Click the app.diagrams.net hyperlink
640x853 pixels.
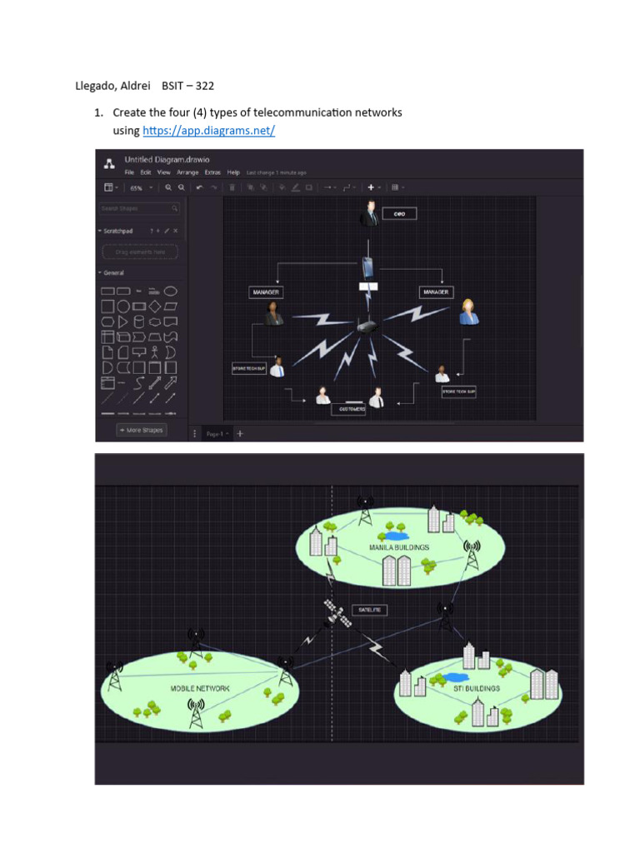click(x=209, y=131)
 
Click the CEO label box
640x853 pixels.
click(x=398, y=214)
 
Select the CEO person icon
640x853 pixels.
click(x=370, y=214)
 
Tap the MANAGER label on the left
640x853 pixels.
click(x=265, y=292)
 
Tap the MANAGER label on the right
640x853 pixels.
click(x=436, y=292)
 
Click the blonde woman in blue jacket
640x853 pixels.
click(x=468, y=312)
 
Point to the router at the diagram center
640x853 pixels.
click(x=367, y=327)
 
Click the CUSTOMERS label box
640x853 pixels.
click(x=348, y=409)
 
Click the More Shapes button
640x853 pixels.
click(x=141, y=430)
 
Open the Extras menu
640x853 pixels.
click(x=213, y=172)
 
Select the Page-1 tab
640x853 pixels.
click(x=217, y=434)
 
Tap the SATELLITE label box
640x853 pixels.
click(x=369, y=610)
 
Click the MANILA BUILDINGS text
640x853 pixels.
click(x=398, y=547)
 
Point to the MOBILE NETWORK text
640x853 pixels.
click(x=200, y=689)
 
